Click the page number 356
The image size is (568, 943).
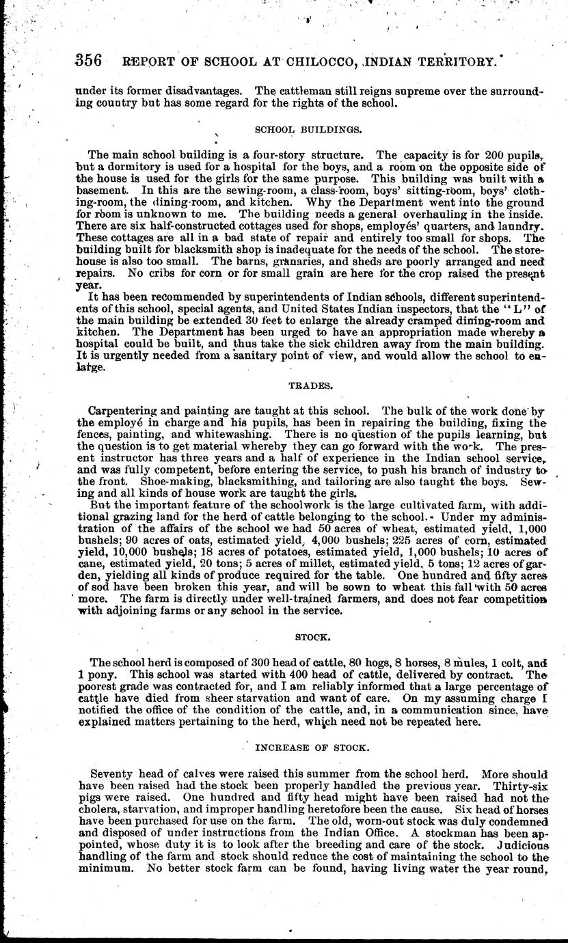pos(88,60)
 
